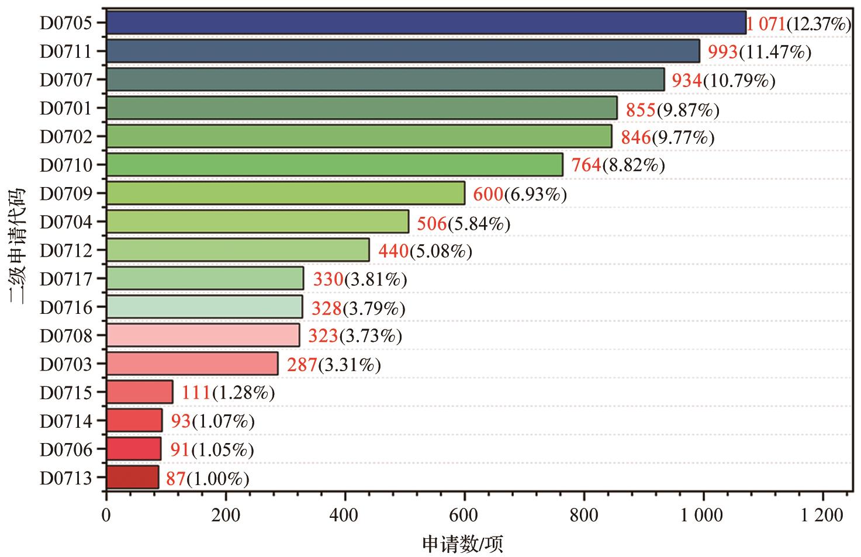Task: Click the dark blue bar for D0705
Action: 426,23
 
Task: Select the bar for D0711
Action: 403,51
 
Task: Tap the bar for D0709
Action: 285,193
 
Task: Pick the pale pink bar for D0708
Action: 203,335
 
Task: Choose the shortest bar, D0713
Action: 133,477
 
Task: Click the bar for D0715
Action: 140,392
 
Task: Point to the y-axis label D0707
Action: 66,79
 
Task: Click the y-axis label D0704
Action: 66,222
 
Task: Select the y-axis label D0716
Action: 66,307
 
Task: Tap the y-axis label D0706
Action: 66,449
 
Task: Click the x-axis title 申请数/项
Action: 463,544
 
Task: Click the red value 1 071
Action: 766,25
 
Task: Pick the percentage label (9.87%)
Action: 688,110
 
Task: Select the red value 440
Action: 393,251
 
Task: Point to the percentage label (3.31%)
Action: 349,365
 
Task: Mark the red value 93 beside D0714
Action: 181,421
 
